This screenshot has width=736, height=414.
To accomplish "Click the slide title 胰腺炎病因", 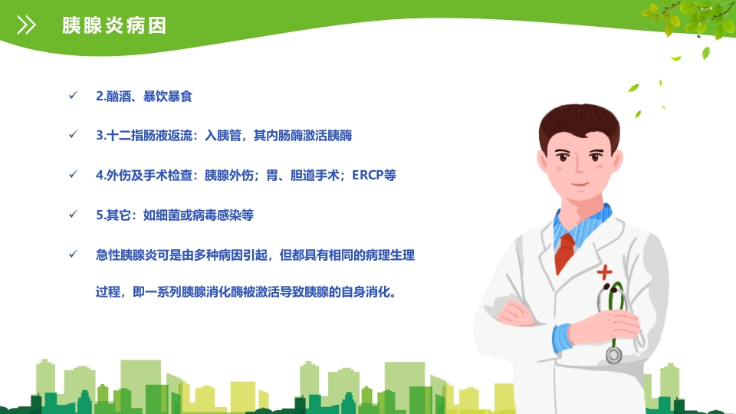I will point(114,26).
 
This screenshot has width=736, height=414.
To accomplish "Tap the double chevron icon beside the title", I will point(27,26).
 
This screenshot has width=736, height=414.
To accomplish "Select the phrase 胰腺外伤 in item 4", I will point(228,175).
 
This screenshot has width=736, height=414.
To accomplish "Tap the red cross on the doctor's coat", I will point(606,271).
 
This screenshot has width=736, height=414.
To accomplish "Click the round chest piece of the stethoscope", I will point(613,354).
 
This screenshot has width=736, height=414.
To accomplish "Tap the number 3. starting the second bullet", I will point(100,136).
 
